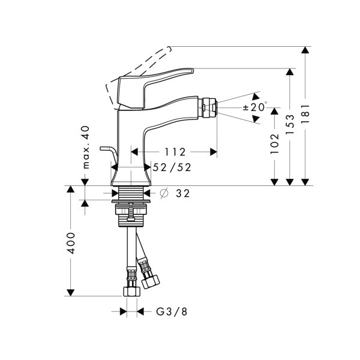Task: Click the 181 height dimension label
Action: [x=305, y=114]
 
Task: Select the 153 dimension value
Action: [x=290, y=124]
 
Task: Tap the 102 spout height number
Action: [x=275, y=144]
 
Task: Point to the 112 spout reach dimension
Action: [x=175, y=152]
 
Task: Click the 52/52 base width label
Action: [x=172, y=167]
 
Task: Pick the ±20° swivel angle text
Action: [x=255, y=107]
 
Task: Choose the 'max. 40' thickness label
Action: [x=86, y=148]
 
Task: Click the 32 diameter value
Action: [x=183, y=194]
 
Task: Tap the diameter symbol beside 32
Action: [x=164, y=193]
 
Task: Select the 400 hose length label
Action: [x=71, y=243]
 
